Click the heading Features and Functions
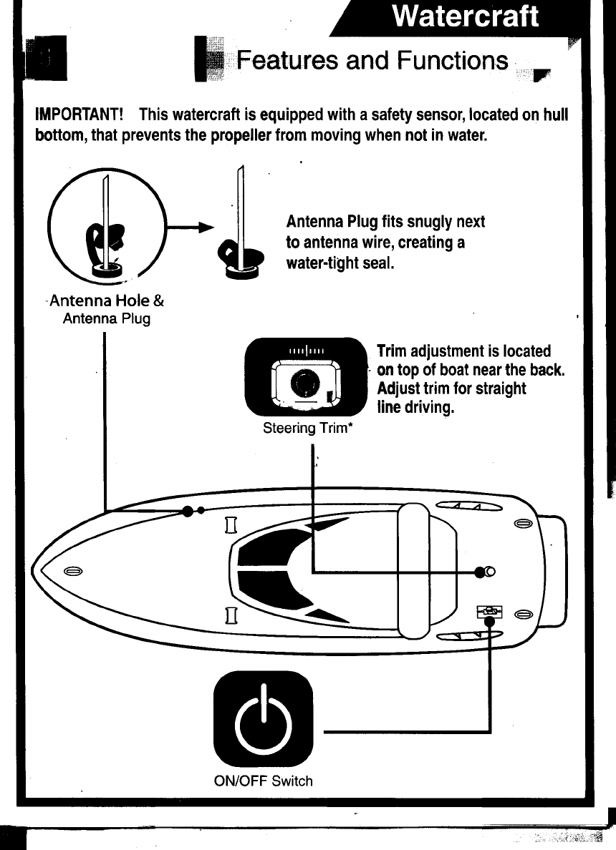click(372, 60)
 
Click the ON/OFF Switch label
click(264, 781)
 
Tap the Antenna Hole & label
click(106, 302)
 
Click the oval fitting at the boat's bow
click(71, 571)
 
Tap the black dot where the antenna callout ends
click(188, 511)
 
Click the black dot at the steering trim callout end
click(481, 571)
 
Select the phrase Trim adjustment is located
click(463, 351)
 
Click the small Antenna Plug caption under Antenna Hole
click(107, 318)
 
